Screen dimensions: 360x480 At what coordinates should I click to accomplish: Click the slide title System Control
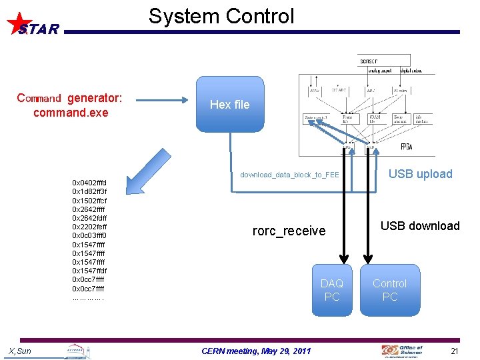[x=221, y=16]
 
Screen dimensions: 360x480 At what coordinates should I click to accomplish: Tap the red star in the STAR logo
[x=19, y=23]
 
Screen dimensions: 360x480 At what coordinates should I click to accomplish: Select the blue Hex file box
[x=229, y=104]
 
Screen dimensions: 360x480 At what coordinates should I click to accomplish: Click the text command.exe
[x=70, y=113]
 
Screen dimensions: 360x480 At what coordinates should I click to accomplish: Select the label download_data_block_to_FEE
[x=289, y=175]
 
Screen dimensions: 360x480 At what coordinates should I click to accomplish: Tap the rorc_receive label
[x=289, y=231]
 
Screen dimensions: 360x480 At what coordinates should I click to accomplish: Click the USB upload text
[x=420, y=174]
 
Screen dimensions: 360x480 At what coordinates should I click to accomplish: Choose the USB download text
[x=420, y=226]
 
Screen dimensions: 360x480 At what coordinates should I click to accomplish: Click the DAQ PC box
[x=332, y=290]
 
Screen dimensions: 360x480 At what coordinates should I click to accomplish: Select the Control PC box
[x=390, y=290]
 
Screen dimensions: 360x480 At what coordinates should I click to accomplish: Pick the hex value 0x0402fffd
[x=89, y=183]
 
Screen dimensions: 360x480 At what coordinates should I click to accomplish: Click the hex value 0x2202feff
[x=89, y=227]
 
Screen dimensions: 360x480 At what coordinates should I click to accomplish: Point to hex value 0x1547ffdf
[x=89, y=271]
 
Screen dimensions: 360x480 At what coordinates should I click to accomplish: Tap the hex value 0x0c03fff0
[x=89, y=235]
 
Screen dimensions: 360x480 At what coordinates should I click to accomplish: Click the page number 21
[x=455, y=351]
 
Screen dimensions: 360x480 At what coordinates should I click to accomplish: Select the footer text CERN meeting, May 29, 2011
[x=256, y=351]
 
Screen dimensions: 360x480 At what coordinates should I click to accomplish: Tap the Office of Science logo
[x=403, y=350]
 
